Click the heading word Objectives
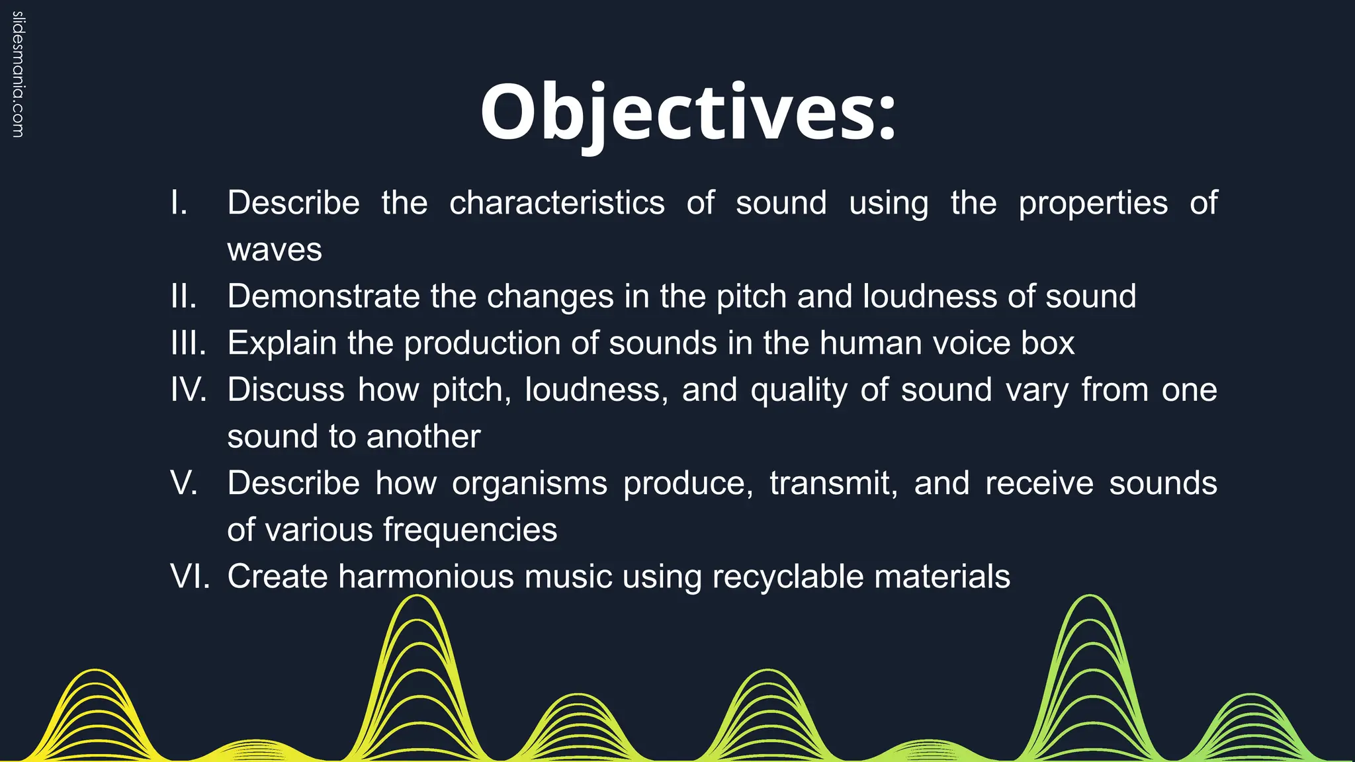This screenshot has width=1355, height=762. tap(688, 112)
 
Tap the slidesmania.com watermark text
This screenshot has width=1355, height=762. tap(18, 74)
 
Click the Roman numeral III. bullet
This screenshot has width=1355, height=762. tap(189, 343)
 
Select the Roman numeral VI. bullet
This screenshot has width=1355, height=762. tap(190, 576)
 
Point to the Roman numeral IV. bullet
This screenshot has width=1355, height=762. tap(189, 390)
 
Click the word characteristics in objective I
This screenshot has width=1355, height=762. tap(556, 202)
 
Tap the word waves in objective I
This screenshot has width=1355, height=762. tap(275, 250)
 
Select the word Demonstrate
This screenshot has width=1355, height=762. tap(324, 296)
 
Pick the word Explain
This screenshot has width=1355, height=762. tap(282, 343)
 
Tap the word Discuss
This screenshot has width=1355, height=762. tap(286, 390)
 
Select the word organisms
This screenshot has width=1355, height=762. tap(529, 484)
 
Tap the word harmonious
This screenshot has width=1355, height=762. tap(426, 576)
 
